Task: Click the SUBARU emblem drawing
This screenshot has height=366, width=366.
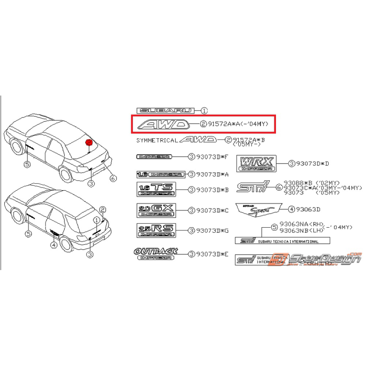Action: [x=166, y=111]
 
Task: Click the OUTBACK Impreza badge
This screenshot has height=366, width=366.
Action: [x=156, y=254]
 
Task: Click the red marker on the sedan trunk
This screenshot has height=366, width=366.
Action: [x=89, y=142]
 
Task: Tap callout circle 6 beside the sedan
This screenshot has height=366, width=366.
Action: [x=113, y=178]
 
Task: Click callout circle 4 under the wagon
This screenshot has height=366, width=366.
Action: [x=53, y=245]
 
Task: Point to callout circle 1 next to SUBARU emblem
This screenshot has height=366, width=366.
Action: [x=204, y=111]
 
